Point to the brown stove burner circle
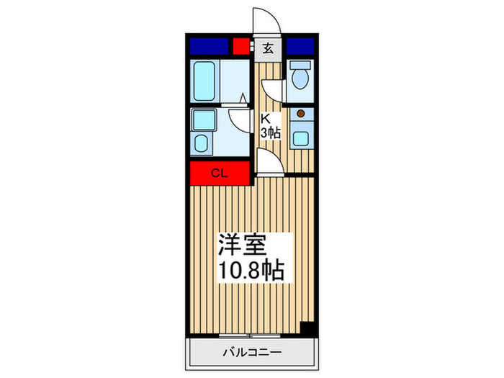coord(300,113)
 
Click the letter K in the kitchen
coord(264,119)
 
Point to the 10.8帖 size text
coord(251,272)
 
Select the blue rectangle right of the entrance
coord(300,46)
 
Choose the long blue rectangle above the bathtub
coord(208,46)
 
